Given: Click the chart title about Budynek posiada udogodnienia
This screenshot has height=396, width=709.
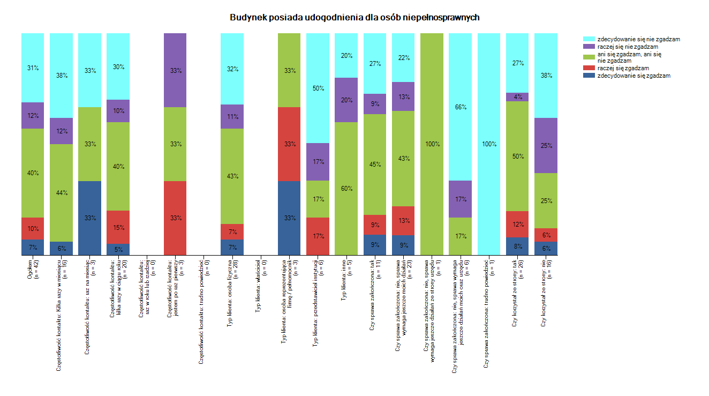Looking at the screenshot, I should click(354, 18).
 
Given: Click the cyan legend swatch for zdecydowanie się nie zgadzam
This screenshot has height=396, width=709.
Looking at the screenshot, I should click(589, 39).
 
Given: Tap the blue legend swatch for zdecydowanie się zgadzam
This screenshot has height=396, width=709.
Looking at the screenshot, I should click(589, 76).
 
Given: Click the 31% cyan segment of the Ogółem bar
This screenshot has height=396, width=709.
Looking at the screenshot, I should click(33, 68).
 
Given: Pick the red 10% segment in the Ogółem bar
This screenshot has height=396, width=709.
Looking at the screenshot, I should click(33, 228).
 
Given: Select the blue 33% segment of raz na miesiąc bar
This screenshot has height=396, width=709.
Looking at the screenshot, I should click(89, 218).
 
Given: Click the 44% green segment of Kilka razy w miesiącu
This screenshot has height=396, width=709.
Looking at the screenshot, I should click(61, 192).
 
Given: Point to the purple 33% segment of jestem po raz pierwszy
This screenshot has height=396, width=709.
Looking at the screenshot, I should click(175, 70).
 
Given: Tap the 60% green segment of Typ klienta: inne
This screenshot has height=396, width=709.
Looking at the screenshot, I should click(346, 189).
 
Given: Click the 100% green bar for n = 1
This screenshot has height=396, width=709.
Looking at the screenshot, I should click(432, 144).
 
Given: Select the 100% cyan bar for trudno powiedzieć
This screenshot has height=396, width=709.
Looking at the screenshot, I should click(488, 144).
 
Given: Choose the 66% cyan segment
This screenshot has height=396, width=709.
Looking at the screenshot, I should click(460, 107).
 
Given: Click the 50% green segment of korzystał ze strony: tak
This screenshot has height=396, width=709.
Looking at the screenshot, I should click(517, 156).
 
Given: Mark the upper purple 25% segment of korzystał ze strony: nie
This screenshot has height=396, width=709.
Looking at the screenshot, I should click(545, 145).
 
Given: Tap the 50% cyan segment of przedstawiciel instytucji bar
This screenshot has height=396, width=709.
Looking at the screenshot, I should click(318, 88).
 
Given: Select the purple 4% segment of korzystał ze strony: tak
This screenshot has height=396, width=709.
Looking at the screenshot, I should click(517, 97).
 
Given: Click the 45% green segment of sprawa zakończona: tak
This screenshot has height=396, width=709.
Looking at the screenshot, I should click(374, 165).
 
